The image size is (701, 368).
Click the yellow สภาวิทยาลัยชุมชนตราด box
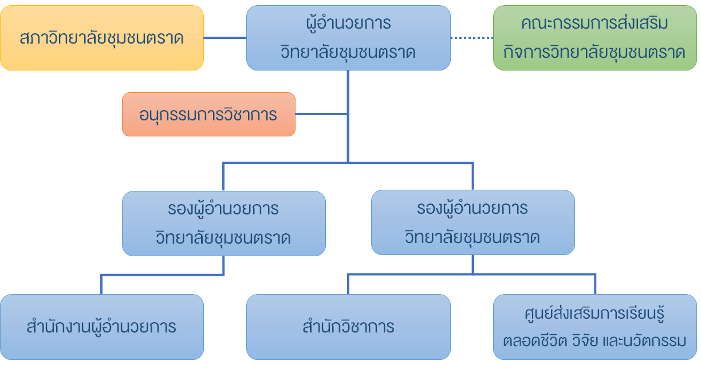coord(102,38)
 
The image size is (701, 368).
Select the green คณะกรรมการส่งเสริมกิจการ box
coord(594,38)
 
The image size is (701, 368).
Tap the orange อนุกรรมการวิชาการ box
coord(208,115)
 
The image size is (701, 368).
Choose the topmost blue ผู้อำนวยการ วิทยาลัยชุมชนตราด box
coord(348,38)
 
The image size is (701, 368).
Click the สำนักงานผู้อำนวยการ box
coord(102,327)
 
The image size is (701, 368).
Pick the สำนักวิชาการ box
coord(348,327)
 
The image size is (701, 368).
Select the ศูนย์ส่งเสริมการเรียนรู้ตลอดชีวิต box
coord(594,327)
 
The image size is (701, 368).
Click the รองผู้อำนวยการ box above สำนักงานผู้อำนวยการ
coord(223,223)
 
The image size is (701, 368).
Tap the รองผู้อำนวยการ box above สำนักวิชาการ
coord(472,223)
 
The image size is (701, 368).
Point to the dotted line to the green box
coord(472,38)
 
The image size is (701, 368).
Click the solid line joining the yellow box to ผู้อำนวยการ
coord(225,38)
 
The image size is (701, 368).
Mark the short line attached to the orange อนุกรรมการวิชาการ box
coord(321,115)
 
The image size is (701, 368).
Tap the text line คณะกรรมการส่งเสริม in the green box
coord(594,24)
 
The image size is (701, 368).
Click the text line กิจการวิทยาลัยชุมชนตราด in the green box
coord(594,52)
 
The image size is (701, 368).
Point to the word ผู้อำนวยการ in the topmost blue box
coord(348,24)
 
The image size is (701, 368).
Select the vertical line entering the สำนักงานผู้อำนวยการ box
coord(101,285)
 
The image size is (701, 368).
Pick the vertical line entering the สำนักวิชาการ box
coord(348,284)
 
